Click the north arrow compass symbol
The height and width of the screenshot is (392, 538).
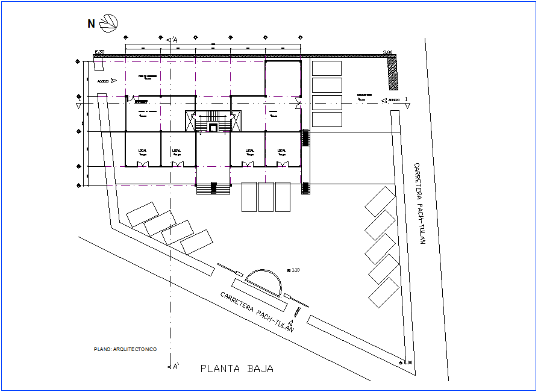point(109,23)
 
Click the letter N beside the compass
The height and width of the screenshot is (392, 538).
point(91,24)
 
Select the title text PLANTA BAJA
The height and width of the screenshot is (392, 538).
point(237,369)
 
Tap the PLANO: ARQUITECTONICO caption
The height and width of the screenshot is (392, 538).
point(125,349)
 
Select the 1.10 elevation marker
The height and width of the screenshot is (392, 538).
point(293,269)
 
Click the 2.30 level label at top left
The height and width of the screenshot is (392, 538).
point(99,52)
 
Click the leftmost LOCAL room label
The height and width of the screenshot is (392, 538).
point(143,152)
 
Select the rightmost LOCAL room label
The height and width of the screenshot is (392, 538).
point(282,152)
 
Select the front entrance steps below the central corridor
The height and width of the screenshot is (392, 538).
point(213,188)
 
